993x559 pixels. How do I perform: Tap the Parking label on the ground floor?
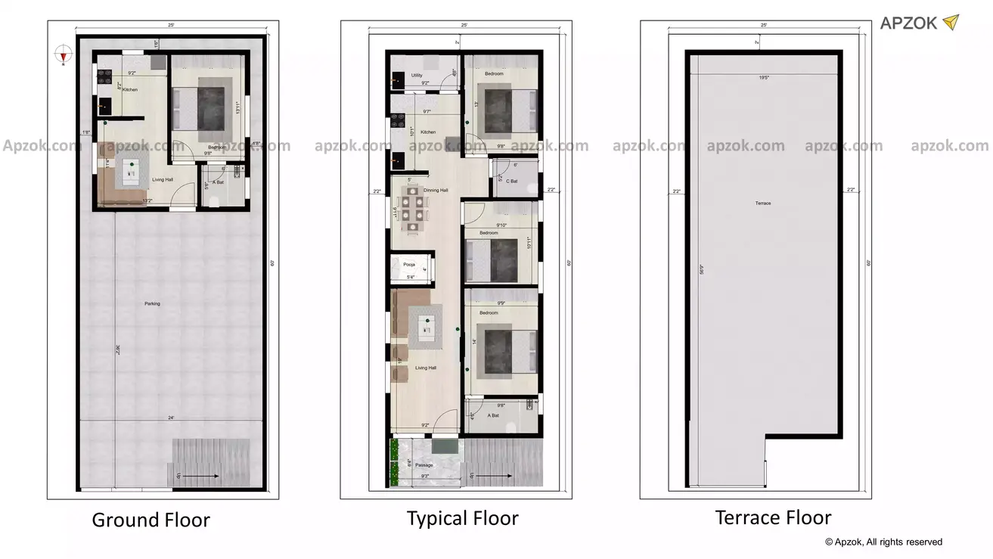(x=152, y=304)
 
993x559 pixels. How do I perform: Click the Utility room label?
(x=417, y=76)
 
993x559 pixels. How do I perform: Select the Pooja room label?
(x=408, y=265)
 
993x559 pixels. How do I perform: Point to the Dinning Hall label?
(x=436, y=191)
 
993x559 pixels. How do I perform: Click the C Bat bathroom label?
(x=512, y=181)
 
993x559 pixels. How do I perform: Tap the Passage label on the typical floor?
(x=424, y=465)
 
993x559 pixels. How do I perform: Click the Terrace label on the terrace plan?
(x=762, y=203)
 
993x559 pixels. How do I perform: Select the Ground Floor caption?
(x=151, y=520)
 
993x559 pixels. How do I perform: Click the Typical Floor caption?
(x=462, y=518)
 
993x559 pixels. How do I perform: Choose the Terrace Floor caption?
(x=773, y=517)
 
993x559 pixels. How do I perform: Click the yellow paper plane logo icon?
(x=950, y=23)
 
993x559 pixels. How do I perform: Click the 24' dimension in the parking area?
(x=171, y=418)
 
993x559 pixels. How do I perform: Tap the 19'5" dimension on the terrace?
(x=764, y=77)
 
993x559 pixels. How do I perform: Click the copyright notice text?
(x=883, y=542)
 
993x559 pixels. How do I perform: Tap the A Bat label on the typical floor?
(x=493, y=415)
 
